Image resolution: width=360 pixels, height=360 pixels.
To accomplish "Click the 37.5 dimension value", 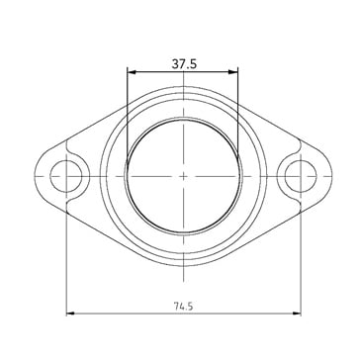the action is click(x=184, y=64).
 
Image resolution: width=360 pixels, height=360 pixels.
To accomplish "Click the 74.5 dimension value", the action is click(x=183, y=307).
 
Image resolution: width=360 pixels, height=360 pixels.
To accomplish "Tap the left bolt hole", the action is click(x=66, y=176).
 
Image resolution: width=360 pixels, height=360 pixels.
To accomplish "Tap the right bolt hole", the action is click(x=301, y=176).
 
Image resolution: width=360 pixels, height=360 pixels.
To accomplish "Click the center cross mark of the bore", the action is click(x=184, y=176).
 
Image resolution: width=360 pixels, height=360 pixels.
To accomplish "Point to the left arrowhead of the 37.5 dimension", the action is click(x=132, y=72).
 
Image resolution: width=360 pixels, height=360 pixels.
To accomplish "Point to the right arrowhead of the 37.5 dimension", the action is click(x=233, y=72).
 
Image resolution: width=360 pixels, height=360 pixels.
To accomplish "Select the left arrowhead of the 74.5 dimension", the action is click(x=70, y=314).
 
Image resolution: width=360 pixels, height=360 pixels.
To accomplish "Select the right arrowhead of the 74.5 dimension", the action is click(x=297, y=314).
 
